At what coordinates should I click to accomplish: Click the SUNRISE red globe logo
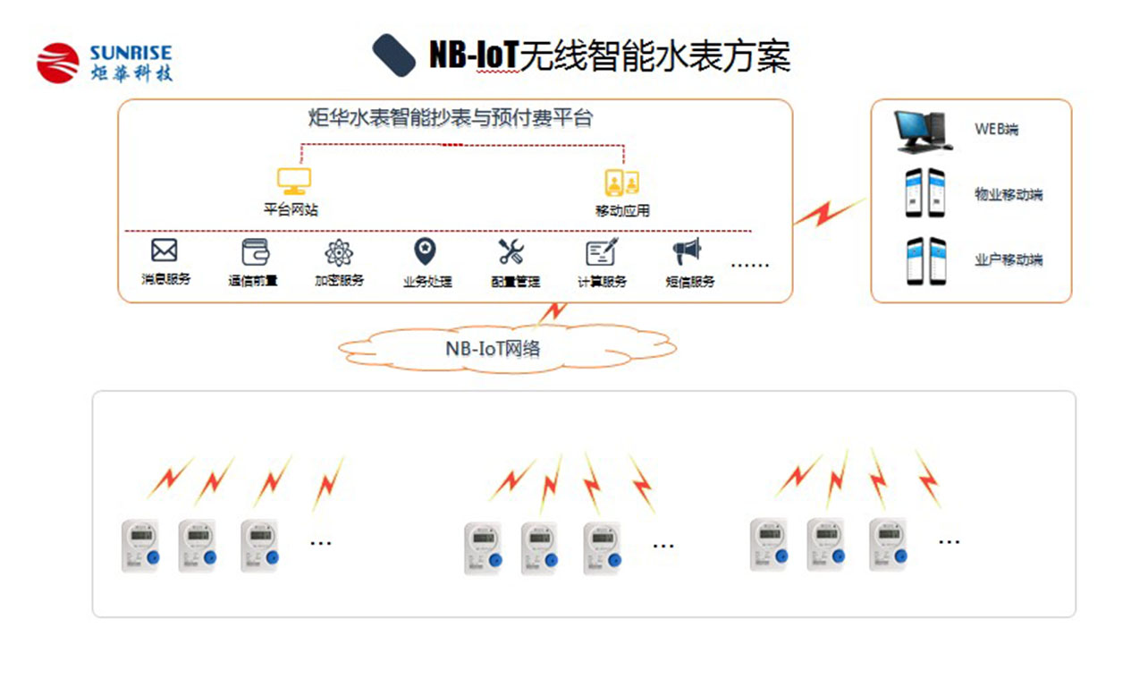[59, 63]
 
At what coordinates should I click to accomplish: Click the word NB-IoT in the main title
[473, 56]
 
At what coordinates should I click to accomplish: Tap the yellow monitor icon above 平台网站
[293, 182]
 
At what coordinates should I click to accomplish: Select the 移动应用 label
[622, 211]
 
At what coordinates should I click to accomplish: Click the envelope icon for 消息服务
[165, 250]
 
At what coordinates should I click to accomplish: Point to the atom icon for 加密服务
[339, 253]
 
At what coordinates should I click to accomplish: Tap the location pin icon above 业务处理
[425, 251]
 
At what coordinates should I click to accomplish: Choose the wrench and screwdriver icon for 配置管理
[512, 252]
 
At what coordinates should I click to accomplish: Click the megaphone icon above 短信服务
[688, 251]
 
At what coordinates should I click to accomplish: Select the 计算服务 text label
[602, 281]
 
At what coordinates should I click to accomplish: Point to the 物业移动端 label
[1009, 194]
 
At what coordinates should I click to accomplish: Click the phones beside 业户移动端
[925, 260]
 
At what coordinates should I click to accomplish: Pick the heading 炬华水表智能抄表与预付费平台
[450, 117]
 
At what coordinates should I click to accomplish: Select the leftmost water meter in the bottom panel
[140, 546]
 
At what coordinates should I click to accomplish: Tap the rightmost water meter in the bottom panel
[889, 545]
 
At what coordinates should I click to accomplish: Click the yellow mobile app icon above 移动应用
[622, 182]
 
